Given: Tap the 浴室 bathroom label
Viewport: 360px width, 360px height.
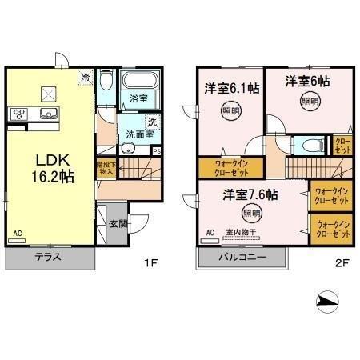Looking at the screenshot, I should point(139,99).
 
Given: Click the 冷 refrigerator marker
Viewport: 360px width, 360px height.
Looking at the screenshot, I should point(85,78).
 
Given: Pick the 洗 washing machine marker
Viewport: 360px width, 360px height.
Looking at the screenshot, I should point(153,121).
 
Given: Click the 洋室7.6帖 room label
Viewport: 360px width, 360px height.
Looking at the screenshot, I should point(250,194).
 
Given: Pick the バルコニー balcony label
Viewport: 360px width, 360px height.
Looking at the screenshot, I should point(239,257).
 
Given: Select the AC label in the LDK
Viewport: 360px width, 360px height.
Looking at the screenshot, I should point(17,234).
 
